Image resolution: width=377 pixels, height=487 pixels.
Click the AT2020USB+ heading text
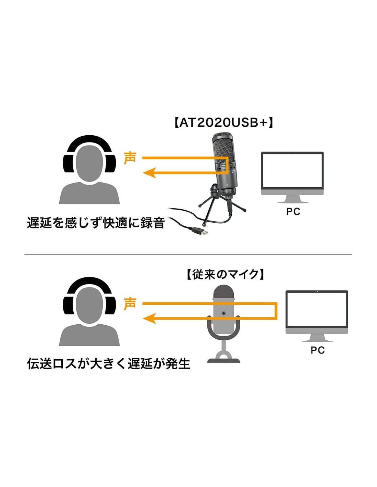pos(224,123)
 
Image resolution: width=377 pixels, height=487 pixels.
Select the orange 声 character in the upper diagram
pos(130,158)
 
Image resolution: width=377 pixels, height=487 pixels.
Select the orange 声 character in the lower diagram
pos(130,303)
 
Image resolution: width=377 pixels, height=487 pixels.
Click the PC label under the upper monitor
pos(293,212)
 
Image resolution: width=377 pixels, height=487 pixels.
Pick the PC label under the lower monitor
pos(317,350)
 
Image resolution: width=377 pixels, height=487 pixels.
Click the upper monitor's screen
pos(292,171)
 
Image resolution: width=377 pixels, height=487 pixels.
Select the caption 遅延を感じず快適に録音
pos(96,223)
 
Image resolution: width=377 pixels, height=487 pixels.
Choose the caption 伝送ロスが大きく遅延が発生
pos(109,364)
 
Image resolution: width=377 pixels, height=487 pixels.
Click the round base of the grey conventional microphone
pos(224,360)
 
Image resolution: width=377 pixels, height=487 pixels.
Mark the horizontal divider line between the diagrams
pos(188,254)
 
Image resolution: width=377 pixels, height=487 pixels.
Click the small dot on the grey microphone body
pos(224,313)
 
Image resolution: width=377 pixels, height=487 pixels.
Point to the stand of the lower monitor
pos(317,338)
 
